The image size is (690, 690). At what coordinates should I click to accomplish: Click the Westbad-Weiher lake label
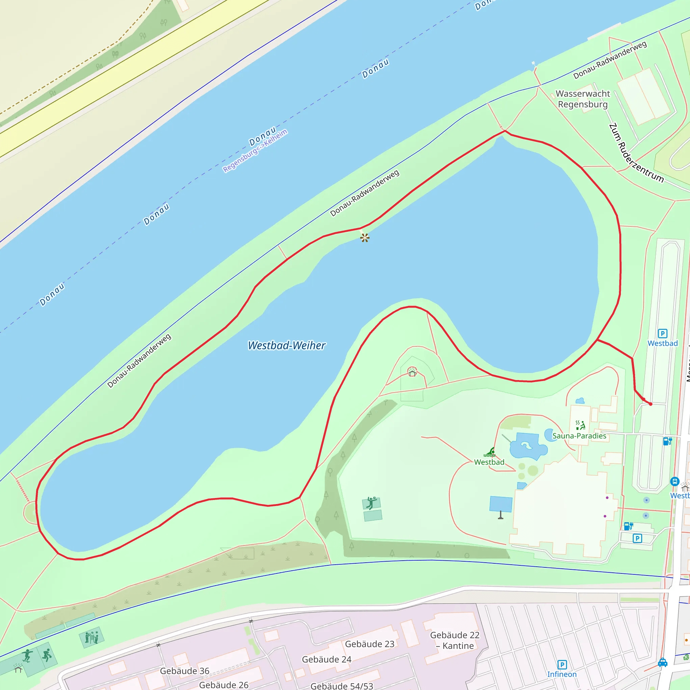pos(286,345)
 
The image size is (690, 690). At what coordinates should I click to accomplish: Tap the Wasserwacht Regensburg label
pos(583,99)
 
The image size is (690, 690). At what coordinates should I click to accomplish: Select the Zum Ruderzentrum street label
pos(636,153)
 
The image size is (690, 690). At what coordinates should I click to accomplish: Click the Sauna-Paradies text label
pos(579,436)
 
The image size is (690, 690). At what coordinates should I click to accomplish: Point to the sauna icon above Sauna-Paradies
pos(580,425)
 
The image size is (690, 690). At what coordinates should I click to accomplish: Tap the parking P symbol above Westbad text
pos(662,334)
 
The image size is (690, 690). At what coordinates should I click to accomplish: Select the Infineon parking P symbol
pos(562,665)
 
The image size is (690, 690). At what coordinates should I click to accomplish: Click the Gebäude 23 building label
pos(370,644)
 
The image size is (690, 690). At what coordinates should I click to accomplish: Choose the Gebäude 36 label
pos(184,671)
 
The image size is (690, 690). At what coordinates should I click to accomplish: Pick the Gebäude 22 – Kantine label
pos(454,640)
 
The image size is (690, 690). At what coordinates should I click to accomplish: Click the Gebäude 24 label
pos(326,659)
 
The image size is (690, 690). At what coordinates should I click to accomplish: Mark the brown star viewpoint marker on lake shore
pos(365,238)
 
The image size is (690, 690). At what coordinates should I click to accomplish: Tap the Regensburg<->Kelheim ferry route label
pos(255,151)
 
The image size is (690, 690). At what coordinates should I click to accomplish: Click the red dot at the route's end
pos(650,404)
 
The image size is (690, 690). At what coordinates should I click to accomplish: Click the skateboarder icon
pos(27,656)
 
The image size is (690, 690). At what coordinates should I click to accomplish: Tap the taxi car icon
pos(662,663)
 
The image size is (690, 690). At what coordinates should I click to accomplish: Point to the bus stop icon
pos(674,481)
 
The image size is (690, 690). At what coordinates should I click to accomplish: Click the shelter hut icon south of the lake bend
pos(412,373)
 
